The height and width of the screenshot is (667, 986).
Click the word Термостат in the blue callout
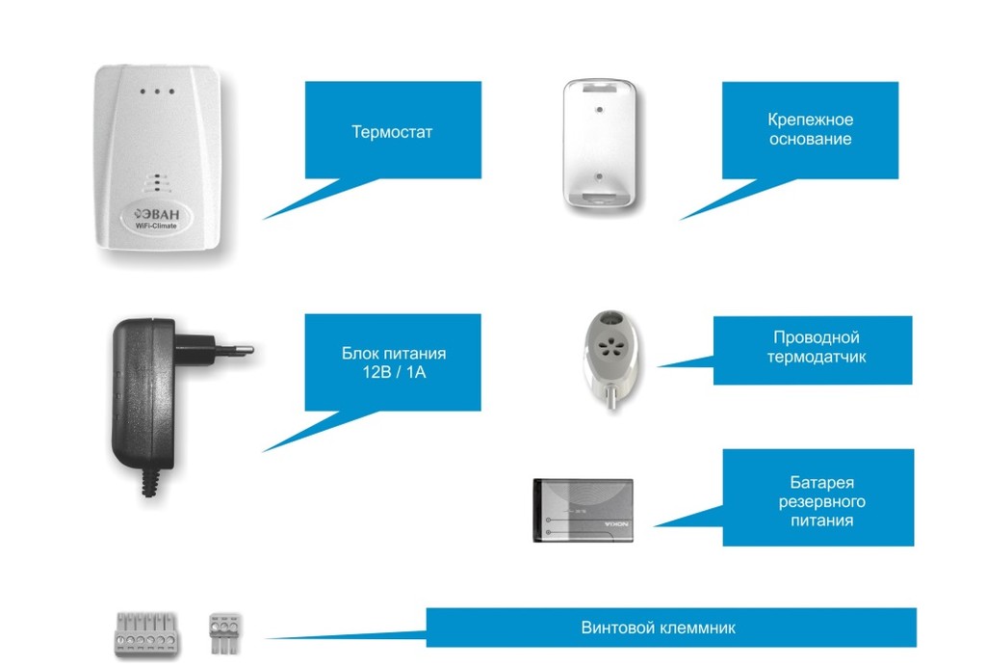coord(392,132)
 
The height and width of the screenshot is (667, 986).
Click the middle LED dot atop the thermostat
coord(157,93)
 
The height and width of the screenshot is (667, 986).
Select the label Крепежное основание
coord(810,129)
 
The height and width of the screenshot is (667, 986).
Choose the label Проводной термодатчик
coord(816,347)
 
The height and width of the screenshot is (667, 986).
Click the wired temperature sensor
coord(607,353)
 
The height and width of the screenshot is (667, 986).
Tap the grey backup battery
coord(583,510)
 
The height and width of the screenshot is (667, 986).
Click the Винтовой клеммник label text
coord(659,627)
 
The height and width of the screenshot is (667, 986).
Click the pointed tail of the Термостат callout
coord(274,213)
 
